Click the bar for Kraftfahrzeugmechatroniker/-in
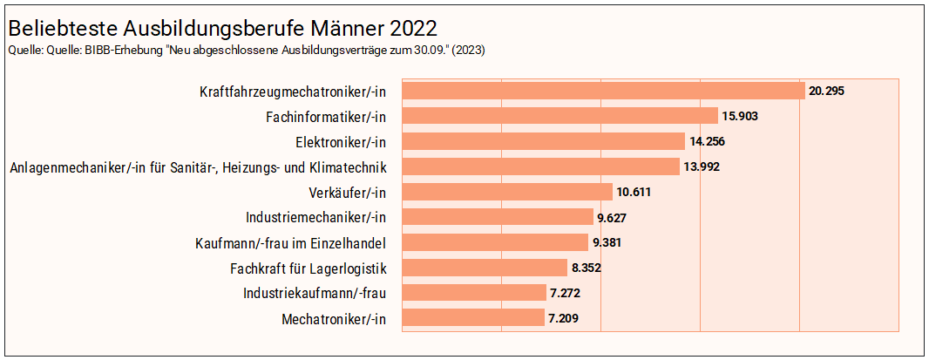coord(602,91)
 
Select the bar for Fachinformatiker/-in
coord(559,116)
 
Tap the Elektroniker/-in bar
coord(543,141)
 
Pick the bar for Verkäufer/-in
coord(507,192)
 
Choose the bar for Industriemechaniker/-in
coord(498,217)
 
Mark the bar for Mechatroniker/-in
coord(473,319)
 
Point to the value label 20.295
coord(827,91)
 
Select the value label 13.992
coord(702,166)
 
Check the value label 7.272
coord(566,294)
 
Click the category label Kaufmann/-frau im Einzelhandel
coord(291,242)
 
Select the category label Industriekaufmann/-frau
coord(315,294)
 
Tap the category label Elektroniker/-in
coord(341,141)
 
